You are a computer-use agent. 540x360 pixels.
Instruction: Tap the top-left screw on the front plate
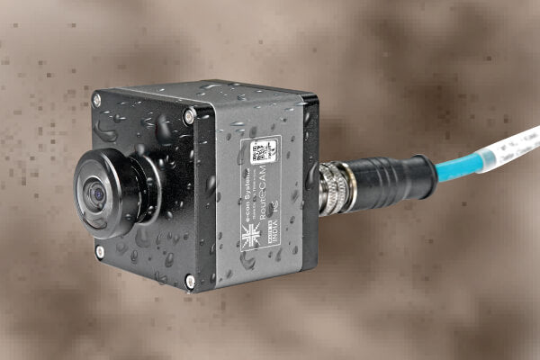click(96, 100)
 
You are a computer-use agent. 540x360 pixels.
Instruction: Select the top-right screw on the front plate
click(189, 114)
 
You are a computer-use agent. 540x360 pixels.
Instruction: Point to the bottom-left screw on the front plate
click(99, 252)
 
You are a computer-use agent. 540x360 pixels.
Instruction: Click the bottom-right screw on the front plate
click(190, 281)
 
